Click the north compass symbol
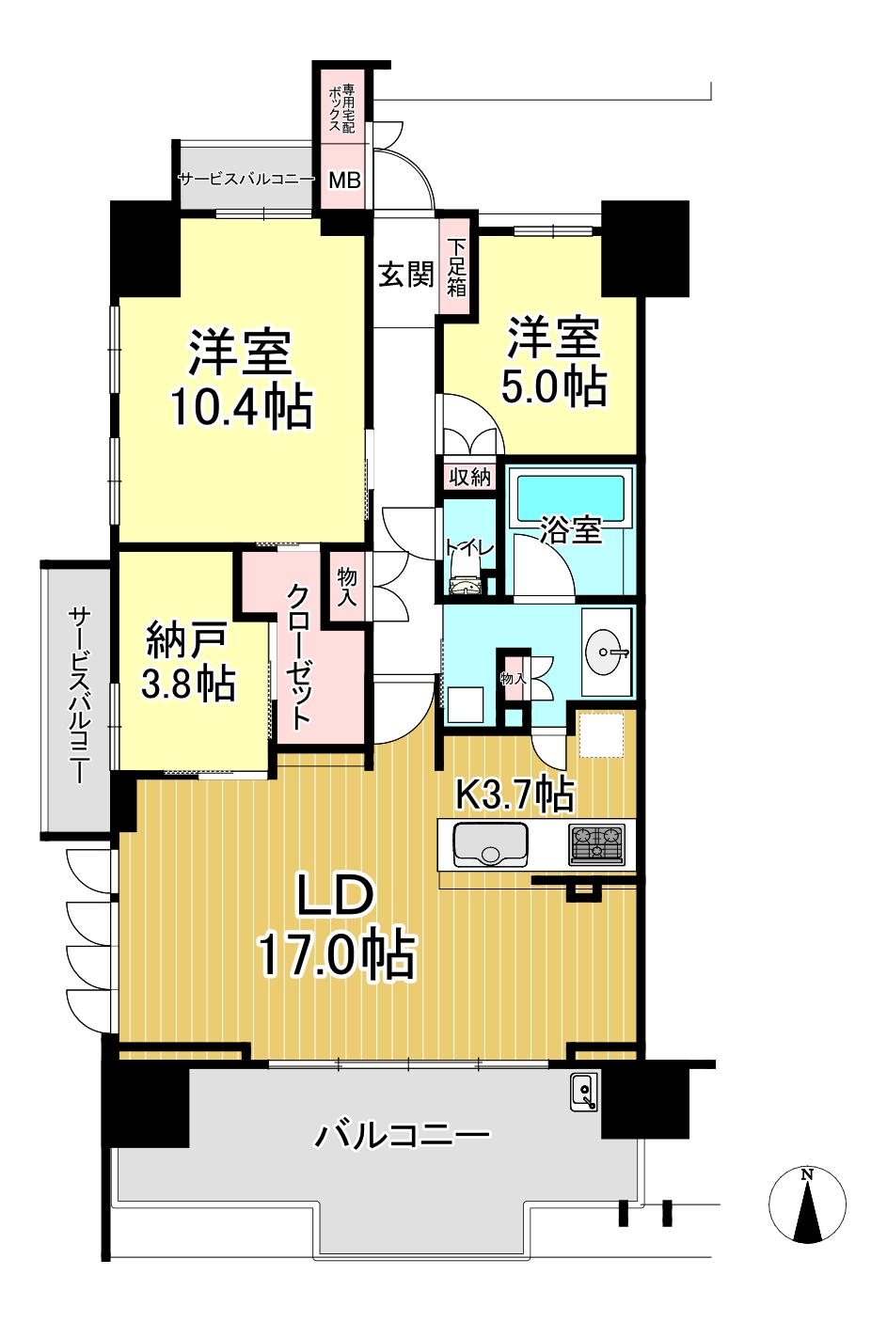click(x=807, y=1203)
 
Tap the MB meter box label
click(x=344, y=180)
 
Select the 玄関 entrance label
click(x=406, y=275)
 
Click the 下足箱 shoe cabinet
click(x=456, y=267)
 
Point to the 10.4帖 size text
click(x=242, y=406)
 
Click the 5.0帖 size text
click(x=554, y=386)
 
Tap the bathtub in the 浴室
click(x=570, y=497)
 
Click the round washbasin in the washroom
click(x=604, y=653)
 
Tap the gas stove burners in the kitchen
click(x=596, y=844)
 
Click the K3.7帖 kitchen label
click(x=514, y=794)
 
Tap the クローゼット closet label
click(x=298, y=657)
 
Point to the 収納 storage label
click(x=470, y=477)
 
